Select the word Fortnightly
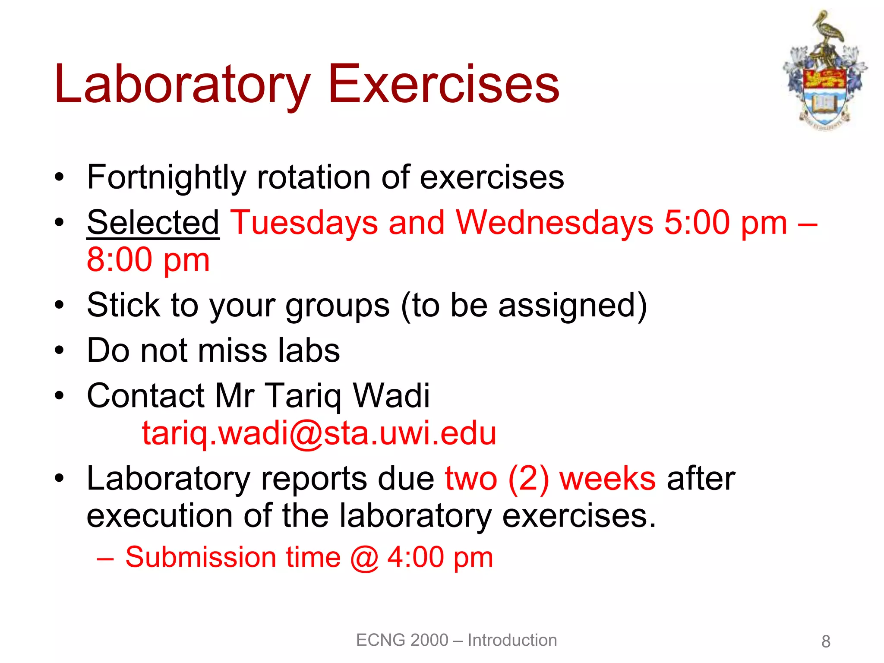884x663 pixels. [166, 178]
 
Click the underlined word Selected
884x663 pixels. [153, 223]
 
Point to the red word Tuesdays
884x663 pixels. [304, 223]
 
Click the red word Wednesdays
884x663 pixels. [554, 223]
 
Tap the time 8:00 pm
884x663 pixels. [148, 260]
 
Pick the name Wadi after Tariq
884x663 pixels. [391, 395]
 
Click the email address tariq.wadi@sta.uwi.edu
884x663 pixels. [319, 433]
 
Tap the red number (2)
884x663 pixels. [528, 479]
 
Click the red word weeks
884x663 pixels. [607, 479]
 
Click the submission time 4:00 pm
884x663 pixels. [440, 557]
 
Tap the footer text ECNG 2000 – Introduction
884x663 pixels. [456, 640]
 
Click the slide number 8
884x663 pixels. [826, 642]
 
